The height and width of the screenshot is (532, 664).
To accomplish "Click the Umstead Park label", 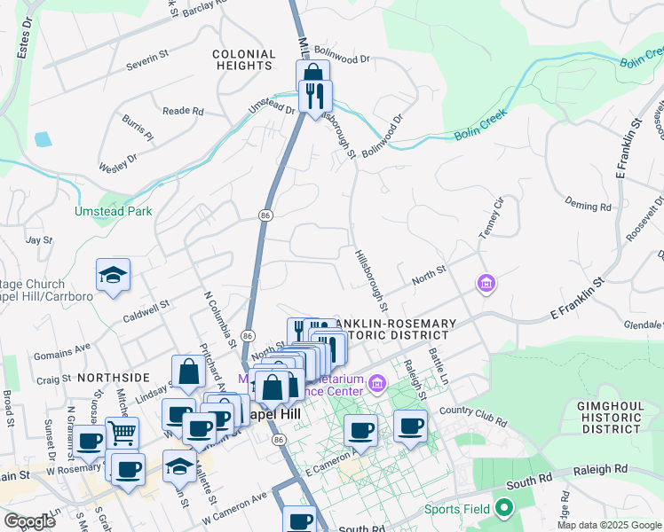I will tap(113, 211).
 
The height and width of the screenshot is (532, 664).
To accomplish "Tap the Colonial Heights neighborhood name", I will tap(242, 60).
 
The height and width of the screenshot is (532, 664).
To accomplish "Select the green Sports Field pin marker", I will tap(505, 509).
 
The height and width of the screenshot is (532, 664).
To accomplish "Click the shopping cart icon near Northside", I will tap(123, 433).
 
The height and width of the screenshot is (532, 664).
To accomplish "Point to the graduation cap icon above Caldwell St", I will tap(114, 276).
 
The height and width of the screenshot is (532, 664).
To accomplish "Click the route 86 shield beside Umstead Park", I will tap(265, 215).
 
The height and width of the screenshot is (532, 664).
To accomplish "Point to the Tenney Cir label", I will tap(491, 217).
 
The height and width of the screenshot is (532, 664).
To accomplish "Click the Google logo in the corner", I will tap(29, 520).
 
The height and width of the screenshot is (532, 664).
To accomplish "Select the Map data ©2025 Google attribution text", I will tap(608, 525).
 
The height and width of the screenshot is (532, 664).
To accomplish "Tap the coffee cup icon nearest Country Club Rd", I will tap(410, 426).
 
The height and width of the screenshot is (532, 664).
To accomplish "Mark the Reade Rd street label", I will tap(184, 112).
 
